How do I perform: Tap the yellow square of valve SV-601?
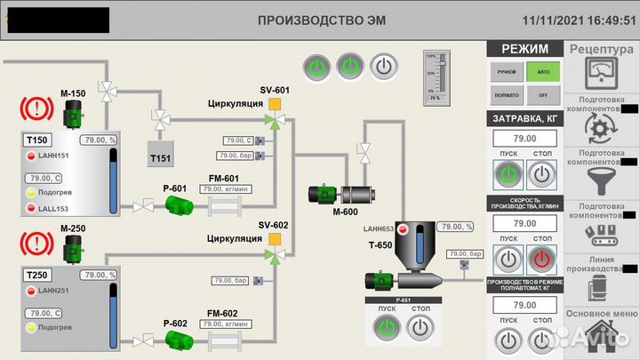[275, 105]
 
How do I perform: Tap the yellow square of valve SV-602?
[275, 238]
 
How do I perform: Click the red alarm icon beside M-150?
[36, 110]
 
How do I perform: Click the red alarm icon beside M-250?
[36, 244]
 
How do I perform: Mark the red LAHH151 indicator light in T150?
[30, 156]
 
